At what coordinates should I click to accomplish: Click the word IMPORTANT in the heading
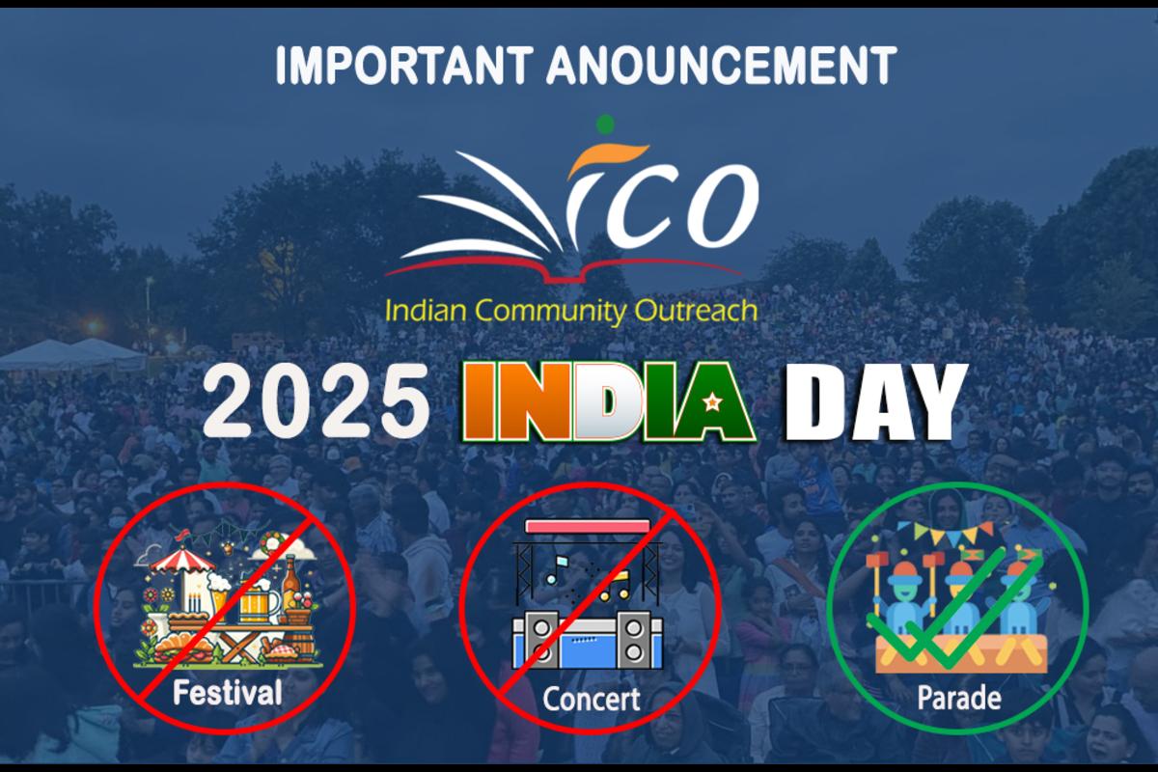coord(404,66)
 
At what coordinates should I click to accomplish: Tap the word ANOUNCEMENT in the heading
coord(722,66)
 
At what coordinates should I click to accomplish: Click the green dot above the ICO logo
coord(605,124)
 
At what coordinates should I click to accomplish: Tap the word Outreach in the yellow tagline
coord(696,311)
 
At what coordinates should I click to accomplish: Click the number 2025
coord(317,400)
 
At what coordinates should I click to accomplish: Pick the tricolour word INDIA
coord(609,401)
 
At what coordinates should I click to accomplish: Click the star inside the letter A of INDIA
coord(712,400)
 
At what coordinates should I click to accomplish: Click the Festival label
coord(228,693)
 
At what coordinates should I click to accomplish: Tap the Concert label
coord(591,699)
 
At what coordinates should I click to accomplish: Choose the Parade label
coord(959,698)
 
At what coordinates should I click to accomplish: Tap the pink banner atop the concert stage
coord(588,526)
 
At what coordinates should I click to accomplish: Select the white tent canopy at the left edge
coord(72,355)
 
